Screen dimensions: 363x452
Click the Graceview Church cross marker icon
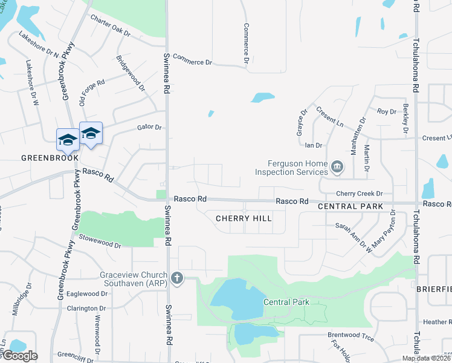pos(176,278)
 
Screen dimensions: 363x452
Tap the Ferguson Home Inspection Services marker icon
pos(337,166)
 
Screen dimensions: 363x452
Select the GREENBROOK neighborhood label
pos(50,158)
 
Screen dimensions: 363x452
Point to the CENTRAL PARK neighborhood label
pos(350,206)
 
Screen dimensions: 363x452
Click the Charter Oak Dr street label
pos(110,25)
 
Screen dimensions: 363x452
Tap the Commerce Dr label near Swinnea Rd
pos(193,59)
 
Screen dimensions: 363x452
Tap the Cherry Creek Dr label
pos(360,194)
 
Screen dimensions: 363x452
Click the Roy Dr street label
pos(386,111)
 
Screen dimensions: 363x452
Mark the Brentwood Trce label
pos(347,335)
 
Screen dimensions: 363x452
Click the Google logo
pos(19,356)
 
